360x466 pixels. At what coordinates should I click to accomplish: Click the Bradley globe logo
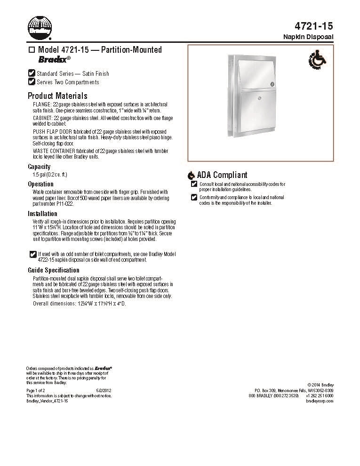click(38, 27)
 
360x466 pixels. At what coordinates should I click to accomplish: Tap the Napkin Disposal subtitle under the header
click(309, 37)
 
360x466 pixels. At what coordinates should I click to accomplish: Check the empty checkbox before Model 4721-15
click(32, 50)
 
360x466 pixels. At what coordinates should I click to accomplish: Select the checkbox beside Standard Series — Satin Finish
click(32, 73)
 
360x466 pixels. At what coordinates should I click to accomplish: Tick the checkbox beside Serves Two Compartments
click(32, 81)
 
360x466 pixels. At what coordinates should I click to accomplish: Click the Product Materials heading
click(57, 96)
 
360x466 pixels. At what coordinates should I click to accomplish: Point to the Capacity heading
click(39, 167)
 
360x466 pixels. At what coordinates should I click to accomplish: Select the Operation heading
click(40, 184)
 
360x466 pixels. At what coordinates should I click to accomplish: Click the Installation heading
click(42, 213)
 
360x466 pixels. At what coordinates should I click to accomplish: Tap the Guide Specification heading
click(54, 270)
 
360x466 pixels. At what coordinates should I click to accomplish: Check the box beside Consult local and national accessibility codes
click(194, 184)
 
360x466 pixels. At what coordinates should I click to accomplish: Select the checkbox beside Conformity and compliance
click(194, 197)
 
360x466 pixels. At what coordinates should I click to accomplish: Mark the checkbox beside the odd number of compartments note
click(32, 254)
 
